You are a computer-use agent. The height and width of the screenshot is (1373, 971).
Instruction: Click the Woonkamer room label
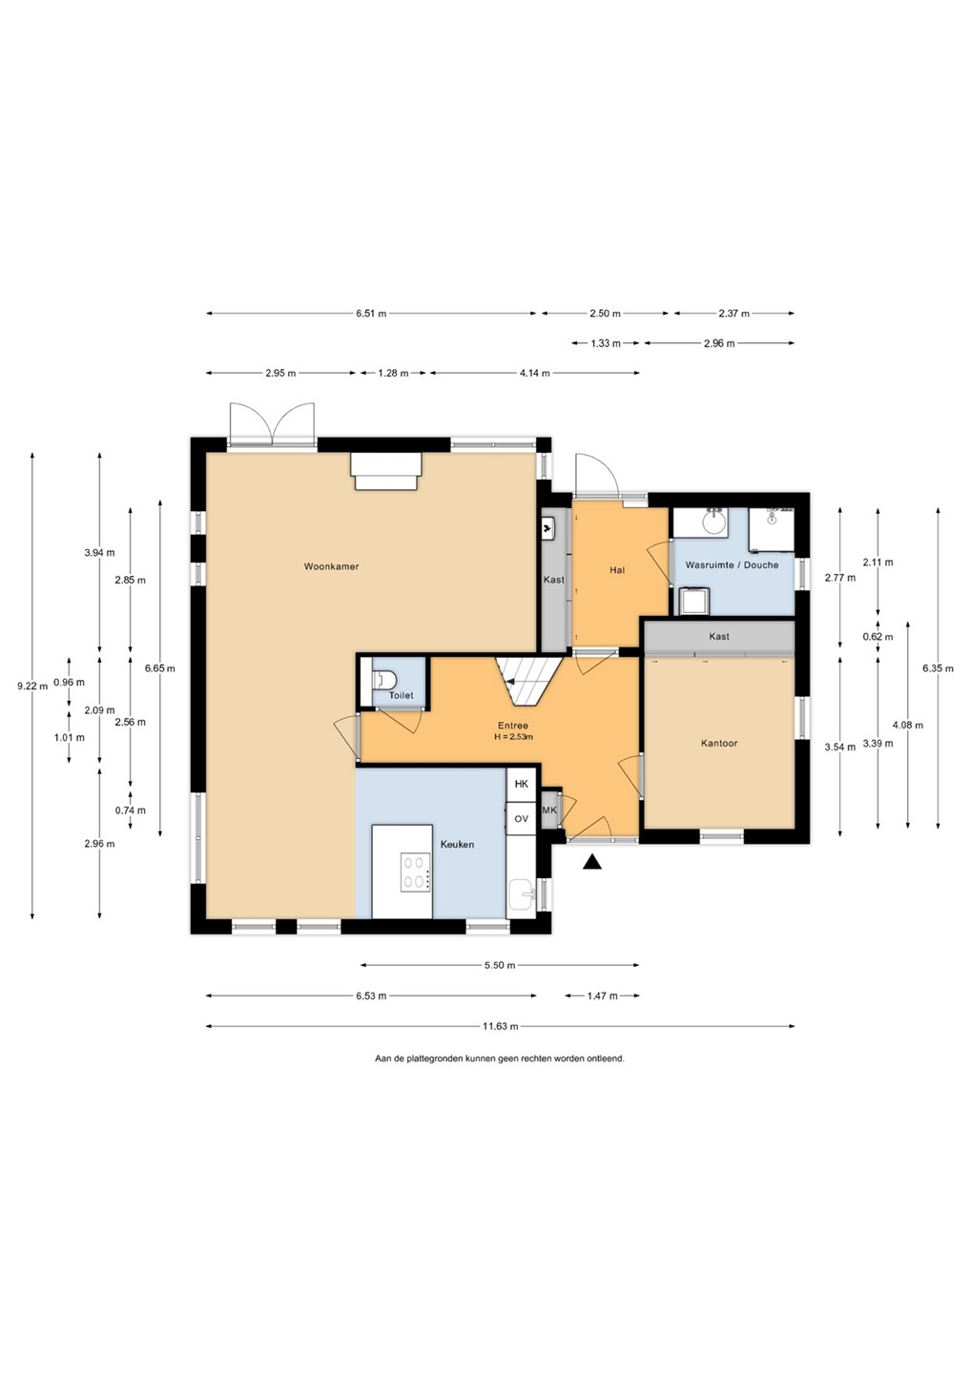[331, 566]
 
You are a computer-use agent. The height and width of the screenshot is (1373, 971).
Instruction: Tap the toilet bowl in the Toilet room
[384, 679]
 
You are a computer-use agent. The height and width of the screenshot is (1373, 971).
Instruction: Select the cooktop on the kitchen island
[415, 872]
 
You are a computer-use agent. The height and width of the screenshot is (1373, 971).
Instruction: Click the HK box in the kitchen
[521, 784]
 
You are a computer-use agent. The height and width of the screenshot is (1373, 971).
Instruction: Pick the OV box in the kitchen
[521, 818]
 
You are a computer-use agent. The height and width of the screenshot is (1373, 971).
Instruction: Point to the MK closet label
[549, 809]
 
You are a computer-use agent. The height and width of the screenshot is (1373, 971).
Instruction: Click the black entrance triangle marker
[591, 862]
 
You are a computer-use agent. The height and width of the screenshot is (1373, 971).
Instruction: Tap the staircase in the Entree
[528, 680]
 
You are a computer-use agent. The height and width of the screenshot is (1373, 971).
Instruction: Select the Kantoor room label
[719, 744]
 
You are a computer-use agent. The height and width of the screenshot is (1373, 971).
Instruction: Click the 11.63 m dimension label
[500, 1026]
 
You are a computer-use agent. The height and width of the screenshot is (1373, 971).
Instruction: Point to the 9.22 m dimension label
[32, 686]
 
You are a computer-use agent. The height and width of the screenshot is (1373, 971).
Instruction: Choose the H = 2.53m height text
[513, 737]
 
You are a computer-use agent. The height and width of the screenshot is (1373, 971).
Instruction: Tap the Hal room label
[617, 570]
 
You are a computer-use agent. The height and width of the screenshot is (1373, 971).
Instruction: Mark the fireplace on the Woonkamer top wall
[386, 471]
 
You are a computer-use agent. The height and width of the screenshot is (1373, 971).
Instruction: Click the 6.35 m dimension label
[938, 668]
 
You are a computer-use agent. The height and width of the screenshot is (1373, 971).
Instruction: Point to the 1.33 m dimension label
[606, 343]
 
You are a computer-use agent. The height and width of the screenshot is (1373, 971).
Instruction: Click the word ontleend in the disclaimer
[608, 1058]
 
